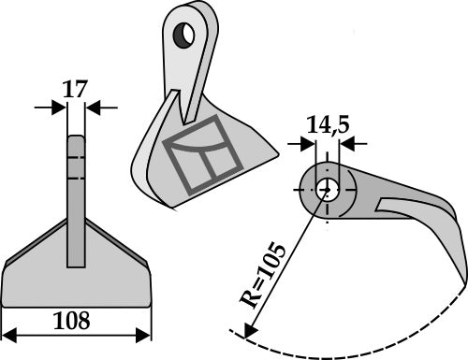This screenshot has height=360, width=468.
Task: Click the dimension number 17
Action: (76, 91)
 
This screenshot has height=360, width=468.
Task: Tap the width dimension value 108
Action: (73, 321)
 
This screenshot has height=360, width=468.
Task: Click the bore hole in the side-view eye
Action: (328, 187)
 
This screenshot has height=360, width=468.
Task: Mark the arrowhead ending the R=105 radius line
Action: (248, 332)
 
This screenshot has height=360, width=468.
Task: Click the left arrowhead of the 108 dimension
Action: (7, 334)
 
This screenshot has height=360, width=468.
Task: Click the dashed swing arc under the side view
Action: (356, 349)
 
